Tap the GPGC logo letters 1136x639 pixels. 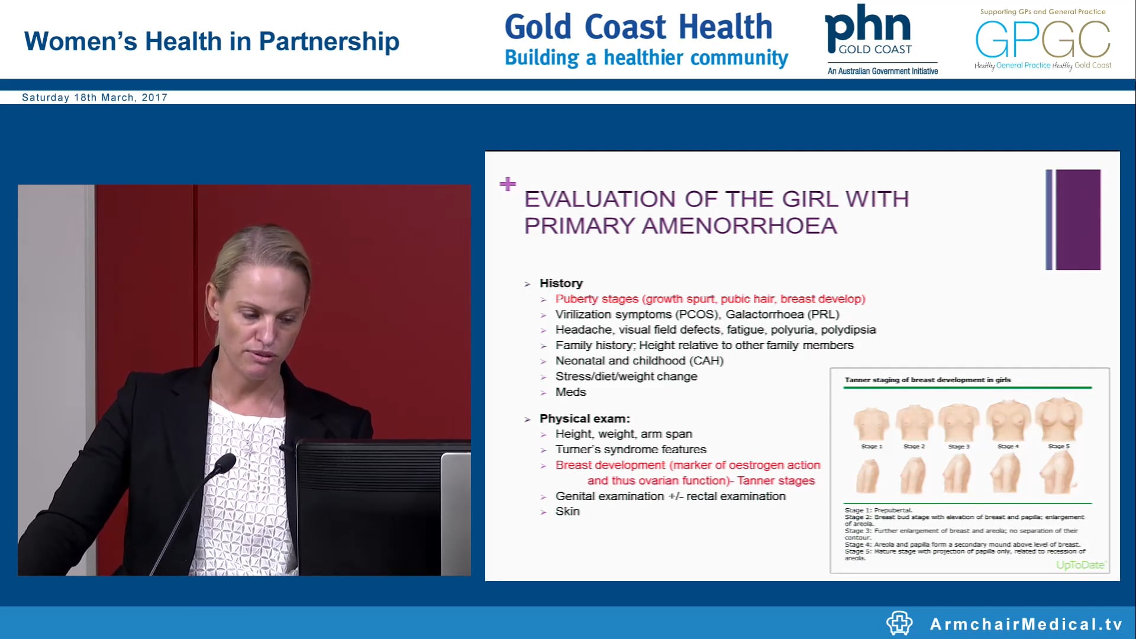(x=1043, y=39)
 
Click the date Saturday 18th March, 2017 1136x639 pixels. (x=95, y=98)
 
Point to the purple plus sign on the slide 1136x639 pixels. (x=508, y=184)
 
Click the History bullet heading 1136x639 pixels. (x=561, y=283)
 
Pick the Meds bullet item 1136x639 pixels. (x=570, y=392)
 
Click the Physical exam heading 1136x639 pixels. (x=585, y=418)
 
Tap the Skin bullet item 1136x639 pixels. (x=567, y=511)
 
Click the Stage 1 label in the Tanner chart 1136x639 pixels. (x=872, y=446)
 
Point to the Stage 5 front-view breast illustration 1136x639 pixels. (x=1058, y=418)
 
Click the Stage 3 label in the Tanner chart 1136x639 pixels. (x=958, y=446)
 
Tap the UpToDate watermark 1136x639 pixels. (x=1080, y=564)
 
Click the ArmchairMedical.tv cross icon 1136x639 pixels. (x=899, y=623)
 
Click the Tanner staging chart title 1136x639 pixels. (x=927, y=380)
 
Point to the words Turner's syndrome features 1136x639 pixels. (x=631, y=449)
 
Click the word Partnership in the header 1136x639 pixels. (x=329, y=41)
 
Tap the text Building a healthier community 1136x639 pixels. (x=646, y=58)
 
